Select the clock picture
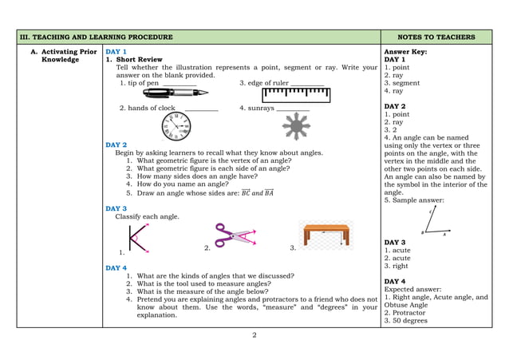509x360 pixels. point(176,125)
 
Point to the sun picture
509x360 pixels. point(297,126)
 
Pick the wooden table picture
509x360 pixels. point(326,235)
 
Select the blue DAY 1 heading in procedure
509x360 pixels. point(116,51)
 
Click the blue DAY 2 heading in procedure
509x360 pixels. point(116,144)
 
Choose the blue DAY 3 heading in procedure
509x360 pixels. point(116,208)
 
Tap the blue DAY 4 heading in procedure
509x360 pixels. point(116,267)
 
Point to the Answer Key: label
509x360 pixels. point(405,51)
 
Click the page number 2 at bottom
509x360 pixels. point(254,334)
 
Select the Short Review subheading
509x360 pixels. point(138,60)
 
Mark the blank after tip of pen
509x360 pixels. point(180,83)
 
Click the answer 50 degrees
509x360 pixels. point(409,321)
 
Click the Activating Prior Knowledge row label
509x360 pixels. point(60,55)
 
